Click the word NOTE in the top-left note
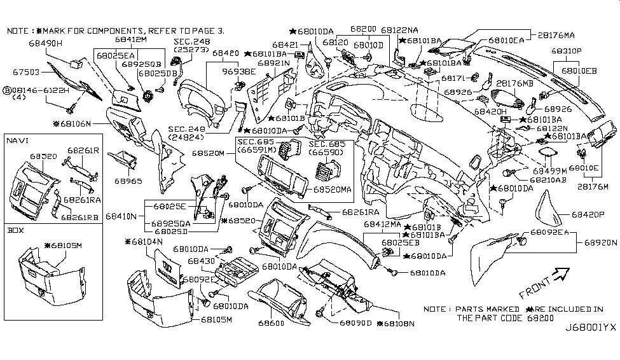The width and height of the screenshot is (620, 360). click(x=18, y=30)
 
